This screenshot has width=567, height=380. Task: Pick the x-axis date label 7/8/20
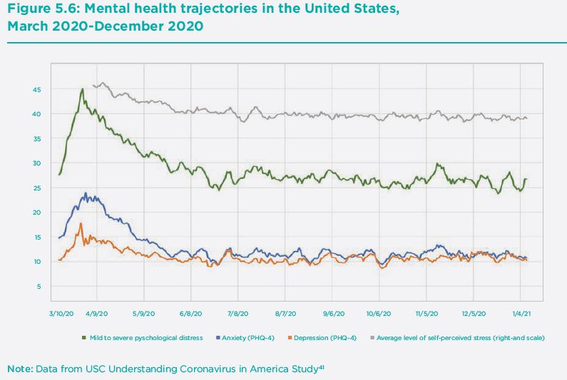coord(237,312)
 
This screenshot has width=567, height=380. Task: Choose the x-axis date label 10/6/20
coord(379,312)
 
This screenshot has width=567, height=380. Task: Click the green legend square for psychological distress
coord(84,337)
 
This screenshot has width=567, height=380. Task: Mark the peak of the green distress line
coord(83,89)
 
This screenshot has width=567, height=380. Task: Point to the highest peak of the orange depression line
coord(81,223)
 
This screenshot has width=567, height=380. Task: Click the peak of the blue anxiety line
coord(86,192)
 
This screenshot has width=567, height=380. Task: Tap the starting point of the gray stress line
coord(93,85)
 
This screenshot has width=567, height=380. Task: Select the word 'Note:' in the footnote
coord(19,369)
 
